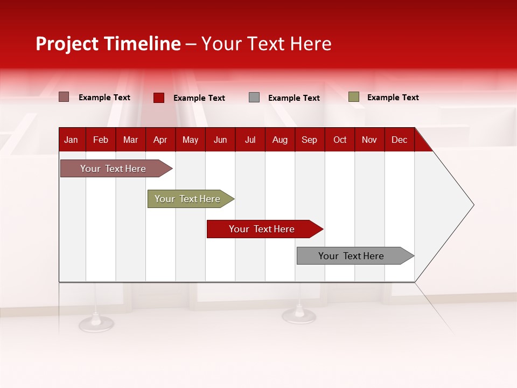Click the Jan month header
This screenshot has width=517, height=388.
click(71, 140)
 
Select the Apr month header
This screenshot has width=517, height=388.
click(160, 140)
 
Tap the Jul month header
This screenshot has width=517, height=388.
click(250, 140)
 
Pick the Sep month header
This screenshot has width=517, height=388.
click(309, 140)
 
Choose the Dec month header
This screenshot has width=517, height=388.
click(399, 140)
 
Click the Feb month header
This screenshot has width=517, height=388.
click(101, 140)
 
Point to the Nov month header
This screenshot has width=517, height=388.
click(369, 140)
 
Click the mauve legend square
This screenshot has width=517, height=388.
click(64, 97)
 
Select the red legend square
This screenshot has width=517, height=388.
click(158, 98)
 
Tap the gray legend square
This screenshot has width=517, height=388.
click(254, 98)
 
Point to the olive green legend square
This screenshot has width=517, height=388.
click(353, 97)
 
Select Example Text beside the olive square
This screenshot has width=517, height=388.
click(393, 98)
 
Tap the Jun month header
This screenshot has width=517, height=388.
click(220, 140)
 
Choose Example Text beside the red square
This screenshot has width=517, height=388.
click(199, 98)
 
